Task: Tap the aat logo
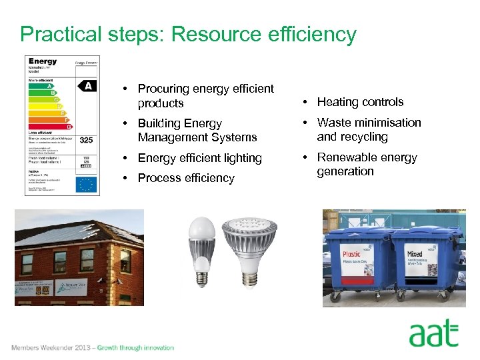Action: pos(433,333)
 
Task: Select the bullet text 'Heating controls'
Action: pos(360,102)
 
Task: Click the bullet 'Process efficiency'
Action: pos(186,178)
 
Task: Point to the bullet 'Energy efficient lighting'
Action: pos(199,158)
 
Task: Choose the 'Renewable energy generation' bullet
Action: pos(367,164)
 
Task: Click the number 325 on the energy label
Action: pos(87,140)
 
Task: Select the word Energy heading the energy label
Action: pos(43,61)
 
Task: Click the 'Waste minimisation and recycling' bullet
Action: pos(369,129)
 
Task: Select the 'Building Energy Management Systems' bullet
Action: pos(197,130)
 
